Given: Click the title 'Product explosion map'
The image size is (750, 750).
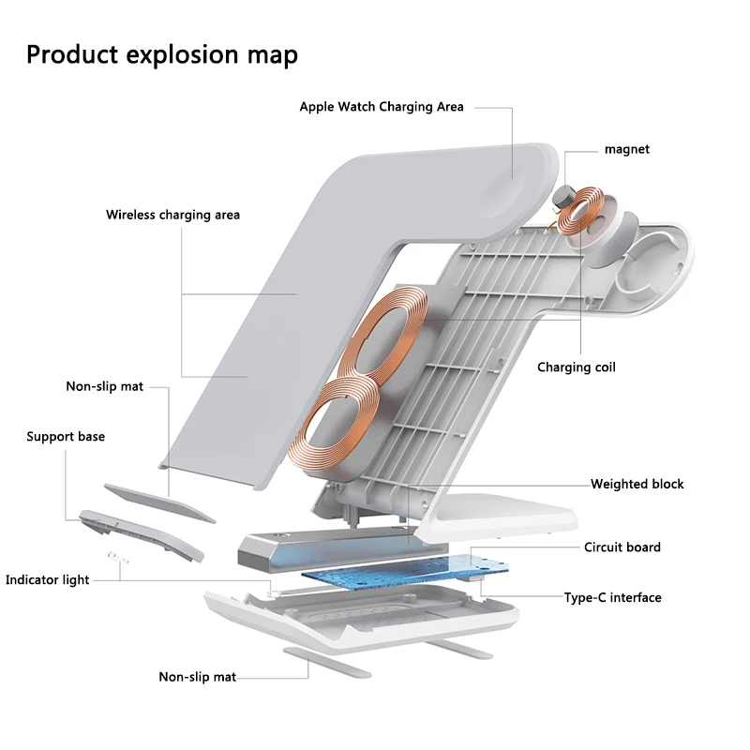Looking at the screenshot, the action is tap(162, 54).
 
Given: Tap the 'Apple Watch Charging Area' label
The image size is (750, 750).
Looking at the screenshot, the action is tap(382, 107).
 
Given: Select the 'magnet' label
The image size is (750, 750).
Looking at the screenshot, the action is tap(627, 149).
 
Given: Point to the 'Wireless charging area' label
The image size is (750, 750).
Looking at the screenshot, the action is tap(172, 215).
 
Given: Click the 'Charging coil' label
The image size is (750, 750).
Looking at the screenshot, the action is tap(577, 367).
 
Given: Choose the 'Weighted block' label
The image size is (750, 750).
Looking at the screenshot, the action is tap(637, 484).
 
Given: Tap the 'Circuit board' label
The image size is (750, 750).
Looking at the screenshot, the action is tap(622, 547).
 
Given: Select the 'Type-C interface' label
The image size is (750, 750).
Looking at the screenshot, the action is tap(613, 597).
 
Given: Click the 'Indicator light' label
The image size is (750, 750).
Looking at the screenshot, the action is tap(48, 579).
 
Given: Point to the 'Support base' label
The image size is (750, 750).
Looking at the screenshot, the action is tap(66, 437).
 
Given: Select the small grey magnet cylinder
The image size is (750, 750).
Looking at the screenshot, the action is tap(561, 197).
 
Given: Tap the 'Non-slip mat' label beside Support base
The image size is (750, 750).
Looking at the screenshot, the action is tap(105, 386).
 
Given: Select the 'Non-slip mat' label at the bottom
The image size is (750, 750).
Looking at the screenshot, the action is tap(198, 677).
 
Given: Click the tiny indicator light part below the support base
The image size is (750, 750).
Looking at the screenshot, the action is tap(118, 557).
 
